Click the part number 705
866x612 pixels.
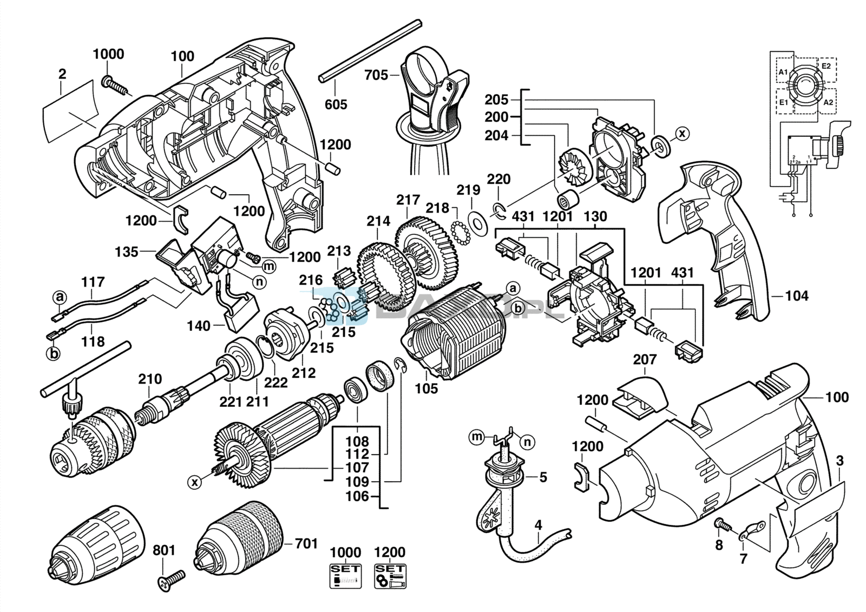coord(376,75)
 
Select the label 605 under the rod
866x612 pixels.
coord(336,104)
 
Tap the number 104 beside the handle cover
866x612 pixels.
coord(797,295)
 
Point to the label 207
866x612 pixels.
coord(645,359)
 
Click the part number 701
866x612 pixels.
coord(306,543)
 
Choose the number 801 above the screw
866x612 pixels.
coord(163,550)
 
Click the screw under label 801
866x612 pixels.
coord(170,578)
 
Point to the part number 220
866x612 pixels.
coord(498,179)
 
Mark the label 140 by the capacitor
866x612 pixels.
coord(199,326)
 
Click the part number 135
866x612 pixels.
coord(126,252)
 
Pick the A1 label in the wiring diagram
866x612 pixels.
coord(783,73)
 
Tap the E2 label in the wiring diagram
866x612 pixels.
coord(826,66)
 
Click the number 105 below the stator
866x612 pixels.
coord(426,388)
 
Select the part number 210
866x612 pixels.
coord(149,379)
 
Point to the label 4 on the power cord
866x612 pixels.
coord(538,525)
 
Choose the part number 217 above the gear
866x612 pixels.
coord(408,200)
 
